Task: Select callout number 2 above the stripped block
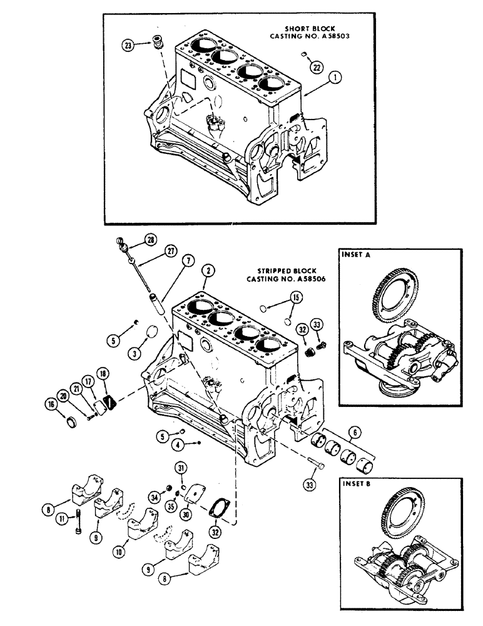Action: pyautogui.click(x=207, y=270)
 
